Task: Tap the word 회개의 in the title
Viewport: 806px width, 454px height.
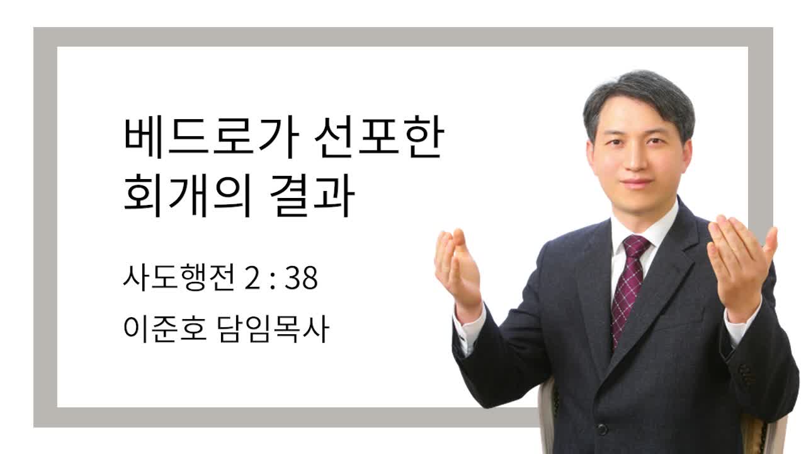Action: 187,195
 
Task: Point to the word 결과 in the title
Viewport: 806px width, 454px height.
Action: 312,195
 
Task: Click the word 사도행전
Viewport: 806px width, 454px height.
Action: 179,277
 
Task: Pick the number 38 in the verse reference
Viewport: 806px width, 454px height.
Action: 301,278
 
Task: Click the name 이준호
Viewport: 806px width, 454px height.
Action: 165,329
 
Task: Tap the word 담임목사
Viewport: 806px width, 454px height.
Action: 273,329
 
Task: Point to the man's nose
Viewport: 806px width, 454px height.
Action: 636,158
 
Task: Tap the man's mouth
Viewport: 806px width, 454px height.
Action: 636,183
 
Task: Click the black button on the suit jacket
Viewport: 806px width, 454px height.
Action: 603,429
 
